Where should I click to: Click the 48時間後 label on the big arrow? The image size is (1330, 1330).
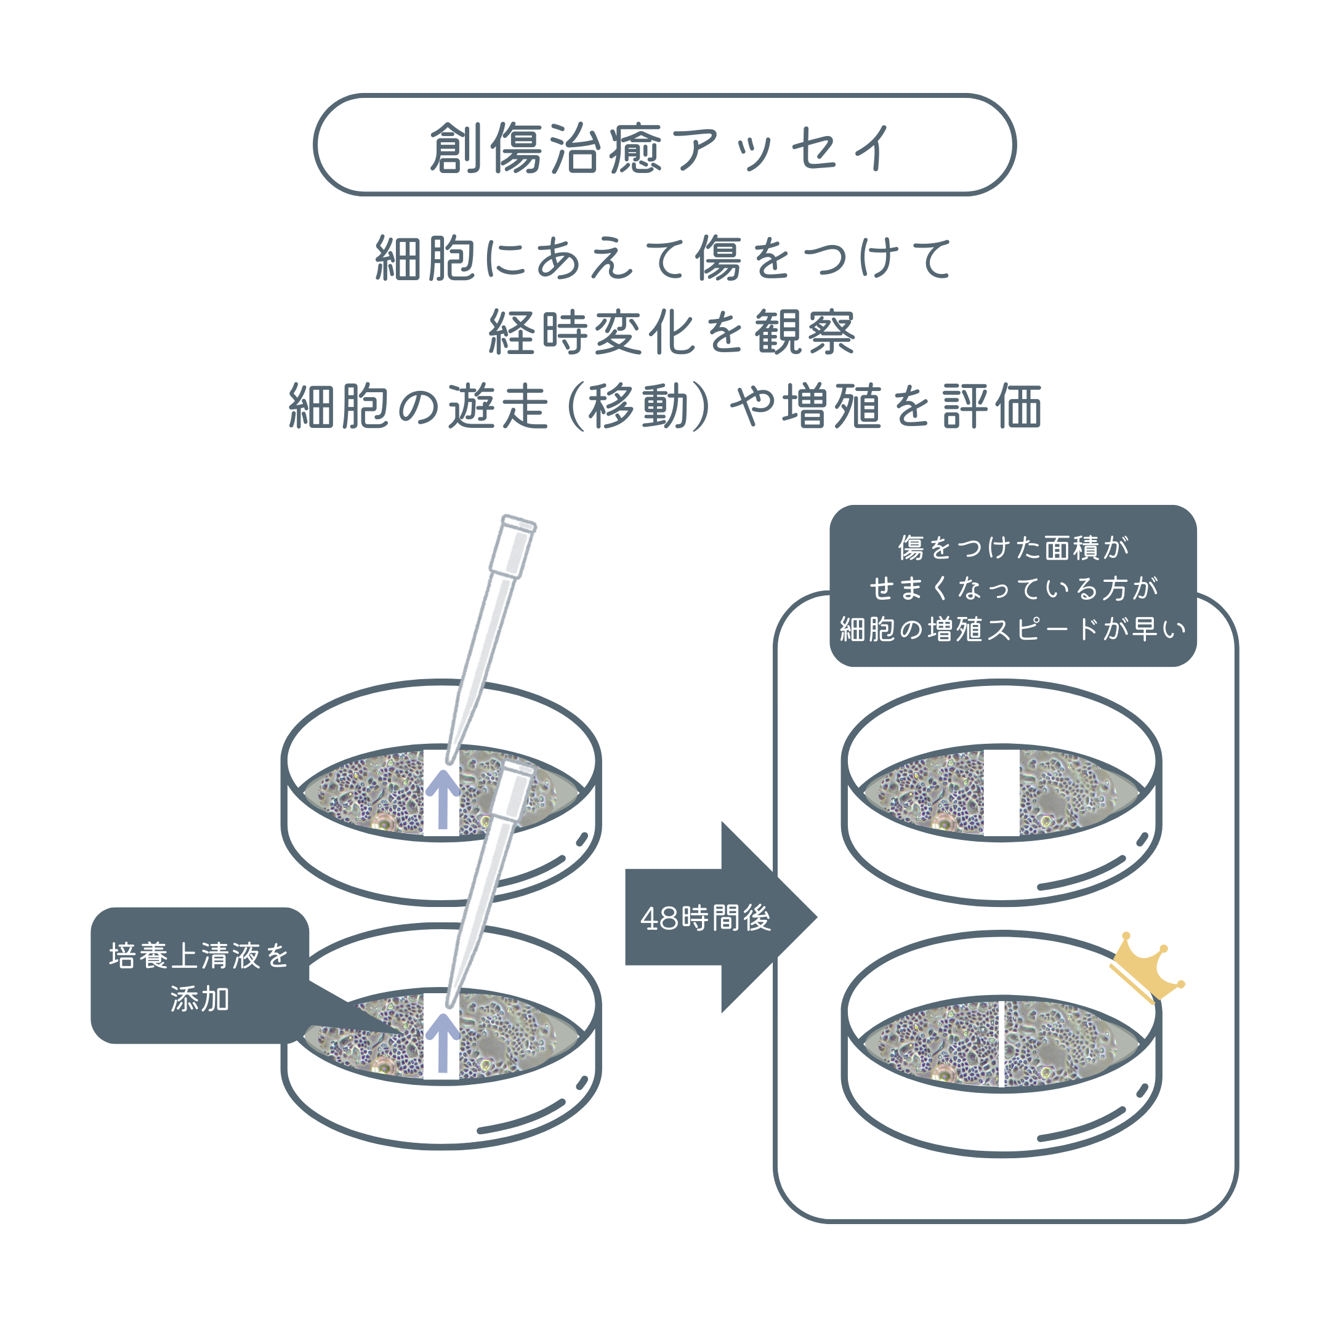pos(705,918)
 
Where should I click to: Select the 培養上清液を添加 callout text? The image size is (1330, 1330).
pos(199,977)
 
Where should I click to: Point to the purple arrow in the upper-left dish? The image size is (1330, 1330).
pos(443,798)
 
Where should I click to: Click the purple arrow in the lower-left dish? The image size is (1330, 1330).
pos(443,1042)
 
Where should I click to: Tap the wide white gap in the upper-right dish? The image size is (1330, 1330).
pos(1001,791)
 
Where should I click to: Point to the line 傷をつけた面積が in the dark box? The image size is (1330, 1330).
pos(1013,548)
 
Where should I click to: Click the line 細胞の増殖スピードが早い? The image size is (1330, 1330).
pos(1013,629)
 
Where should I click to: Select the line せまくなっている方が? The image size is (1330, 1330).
pos(1013,589)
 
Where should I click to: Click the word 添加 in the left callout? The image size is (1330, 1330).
pos(199,999)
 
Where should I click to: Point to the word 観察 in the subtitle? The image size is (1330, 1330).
pos(805,332)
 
